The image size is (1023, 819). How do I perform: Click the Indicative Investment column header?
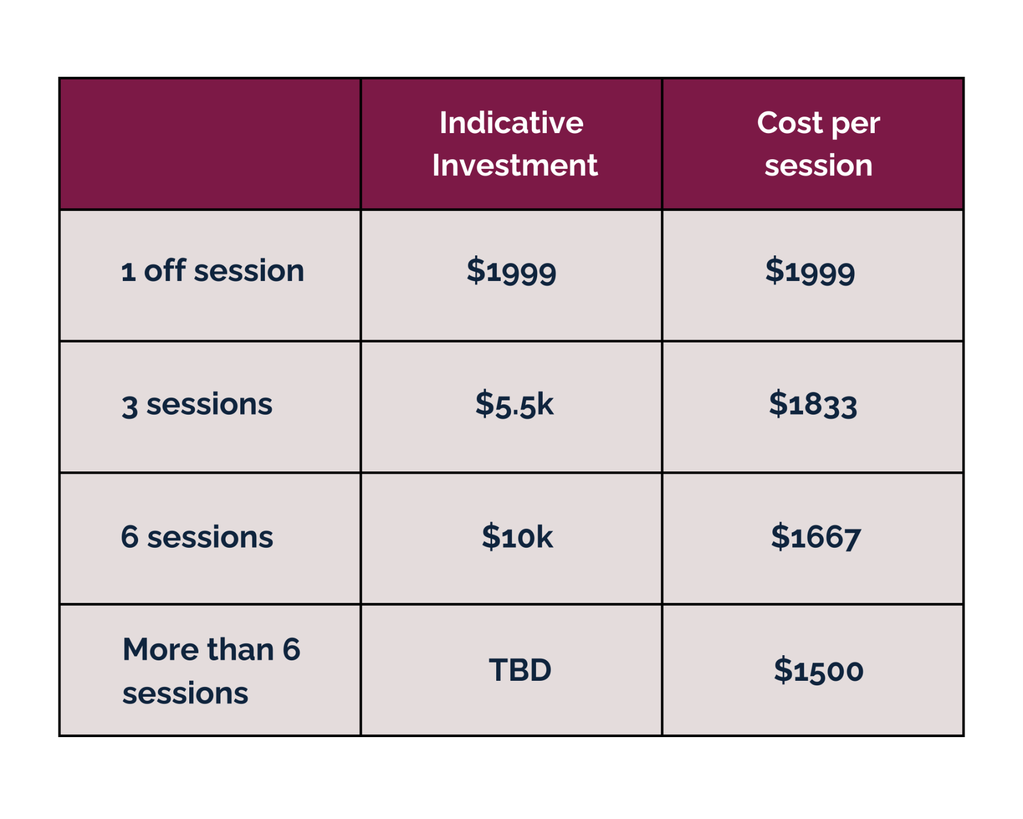tap(514, 144)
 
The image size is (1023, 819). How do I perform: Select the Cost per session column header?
tap(818, 144)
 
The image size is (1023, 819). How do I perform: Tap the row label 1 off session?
tap(213, 271)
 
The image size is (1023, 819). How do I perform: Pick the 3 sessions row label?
tap(197, 405)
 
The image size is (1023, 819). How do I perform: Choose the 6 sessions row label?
tap(197, 537)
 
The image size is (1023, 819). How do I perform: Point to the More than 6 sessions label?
tap(211, 671)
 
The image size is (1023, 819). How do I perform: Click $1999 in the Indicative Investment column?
tap(511, 271)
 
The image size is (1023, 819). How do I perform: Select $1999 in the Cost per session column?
tap(810, 271)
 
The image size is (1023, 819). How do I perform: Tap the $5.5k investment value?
tap(514, 404)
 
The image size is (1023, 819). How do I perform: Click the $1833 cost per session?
tap(813, 404)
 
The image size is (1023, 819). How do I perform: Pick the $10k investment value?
tap(517, 537)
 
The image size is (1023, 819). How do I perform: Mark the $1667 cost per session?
tap(816, 537)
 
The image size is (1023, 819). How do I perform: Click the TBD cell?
tap(520, 670)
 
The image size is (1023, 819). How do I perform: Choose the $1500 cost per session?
tap(818, 670)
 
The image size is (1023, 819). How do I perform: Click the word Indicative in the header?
tap(511, 123)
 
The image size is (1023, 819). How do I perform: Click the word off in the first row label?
tap(165, 270)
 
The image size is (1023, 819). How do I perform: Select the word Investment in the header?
tap(515, 166)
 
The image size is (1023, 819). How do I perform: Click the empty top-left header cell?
tap(210, 144)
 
